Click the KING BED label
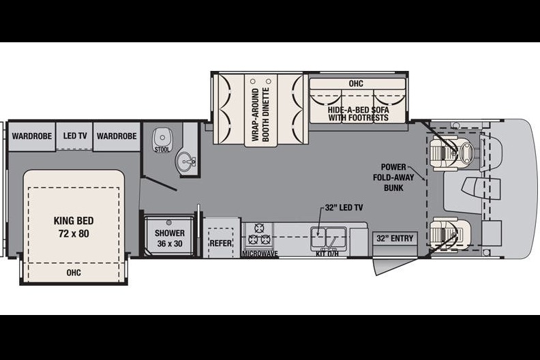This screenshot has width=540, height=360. pos(74,227)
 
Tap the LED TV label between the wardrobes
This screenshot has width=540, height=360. pos(75,136)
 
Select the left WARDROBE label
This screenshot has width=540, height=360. pos(31,136)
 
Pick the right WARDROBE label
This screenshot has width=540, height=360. pos(117,136)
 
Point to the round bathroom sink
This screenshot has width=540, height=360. pos(186,162)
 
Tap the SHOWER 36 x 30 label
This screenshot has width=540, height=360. pos(170,238)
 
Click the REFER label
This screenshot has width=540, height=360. pos(221,243)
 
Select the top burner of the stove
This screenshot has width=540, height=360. pos(258,228)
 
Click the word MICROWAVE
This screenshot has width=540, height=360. pos(260,254)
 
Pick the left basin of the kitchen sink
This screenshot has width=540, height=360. pos(318,236)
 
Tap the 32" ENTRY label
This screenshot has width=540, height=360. pos(395,239)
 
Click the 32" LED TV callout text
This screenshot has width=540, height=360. pos(344,207)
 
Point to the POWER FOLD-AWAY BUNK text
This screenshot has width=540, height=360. pos(393,177)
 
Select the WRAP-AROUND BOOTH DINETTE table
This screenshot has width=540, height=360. pos(260,110)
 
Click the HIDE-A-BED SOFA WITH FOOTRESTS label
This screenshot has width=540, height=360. pos(358,114)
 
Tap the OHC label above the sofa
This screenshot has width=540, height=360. pos(356,84)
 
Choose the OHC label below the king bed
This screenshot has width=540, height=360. pos(74,273)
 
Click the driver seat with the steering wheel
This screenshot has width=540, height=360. pos(452,152)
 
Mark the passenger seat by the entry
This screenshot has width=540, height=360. pos(449,232)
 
